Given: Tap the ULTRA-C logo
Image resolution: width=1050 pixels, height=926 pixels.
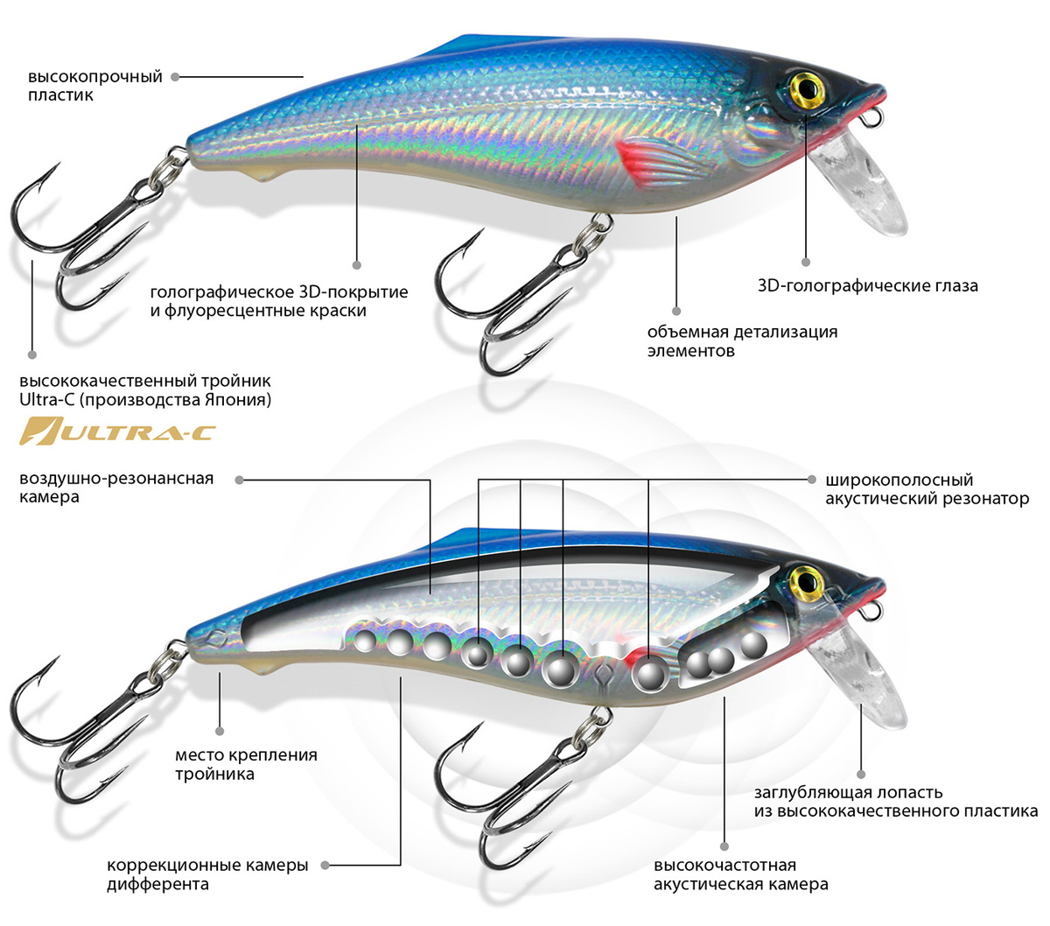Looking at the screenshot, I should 119,431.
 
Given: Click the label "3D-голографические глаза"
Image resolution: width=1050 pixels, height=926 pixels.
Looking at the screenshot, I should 867,286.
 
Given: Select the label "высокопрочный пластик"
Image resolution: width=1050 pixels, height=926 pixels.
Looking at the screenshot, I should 94,86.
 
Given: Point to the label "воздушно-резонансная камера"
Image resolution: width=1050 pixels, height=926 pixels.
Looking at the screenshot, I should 115,488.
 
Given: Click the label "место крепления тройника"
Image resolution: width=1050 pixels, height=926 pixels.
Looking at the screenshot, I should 246,764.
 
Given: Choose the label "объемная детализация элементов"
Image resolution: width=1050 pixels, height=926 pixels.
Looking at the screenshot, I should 742,341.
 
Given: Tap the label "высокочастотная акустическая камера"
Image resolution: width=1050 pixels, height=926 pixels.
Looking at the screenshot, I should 740,875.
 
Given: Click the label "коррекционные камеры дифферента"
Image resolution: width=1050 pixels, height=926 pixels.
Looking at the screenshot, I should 207,874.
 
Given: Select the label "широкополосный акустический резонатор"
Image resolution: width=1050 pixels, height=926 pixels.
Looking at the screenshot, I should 927,489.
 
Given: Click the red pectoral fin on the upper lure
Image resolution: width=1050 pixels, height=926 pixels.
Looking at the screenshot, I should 647,158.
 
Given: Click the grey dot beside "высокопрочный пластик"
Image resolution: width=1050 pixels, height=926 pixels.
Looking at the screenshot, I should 175,77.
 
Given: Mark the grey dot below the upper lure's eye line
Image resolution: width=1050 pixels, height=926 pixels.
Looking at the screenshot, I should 806,261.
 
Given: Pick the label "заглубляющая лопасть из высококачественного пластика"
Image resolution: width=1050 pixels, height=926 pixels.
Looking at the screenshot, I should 895,802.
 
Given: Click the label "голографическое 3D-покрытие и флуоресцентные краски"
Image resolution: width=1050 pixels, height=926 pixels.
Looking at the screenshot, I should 279,301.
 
